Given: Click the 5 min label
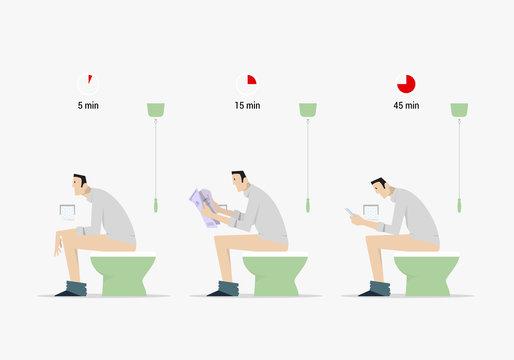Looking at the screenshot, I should pos(88,104).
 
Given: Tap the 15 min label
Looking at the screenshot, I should pos(247,104).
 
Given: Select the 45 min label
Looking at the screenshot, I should pos(406,104).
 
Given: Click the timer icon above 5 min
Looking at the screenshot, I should pos(88,84).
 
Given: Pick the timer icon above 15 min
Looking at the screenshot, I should pos(246,84).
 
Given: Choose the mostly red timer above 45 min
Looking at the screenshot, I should pos(406,84).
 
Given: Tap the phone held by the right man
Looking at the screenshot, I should pos(351,211).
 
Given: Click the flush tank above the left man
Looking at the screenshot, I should pos(156,109).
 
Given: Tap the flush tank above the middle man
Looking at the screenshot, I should pos(308,109).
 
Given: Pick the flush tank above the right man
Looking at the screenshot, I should pos(459,109).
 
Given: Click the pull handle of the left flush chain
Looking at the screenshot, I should pos(156,205).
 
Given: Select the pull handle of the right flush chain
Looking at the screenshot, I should pos(459,205).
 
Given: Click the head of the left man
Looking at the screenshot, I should pos(79,185).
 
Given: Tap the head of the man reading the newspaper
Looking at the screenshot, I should pos(238,182).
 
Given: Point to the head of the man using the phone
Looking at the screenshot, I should pos(378,187).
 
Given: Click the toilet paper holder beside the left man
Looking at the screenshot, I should pos(69,212).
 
